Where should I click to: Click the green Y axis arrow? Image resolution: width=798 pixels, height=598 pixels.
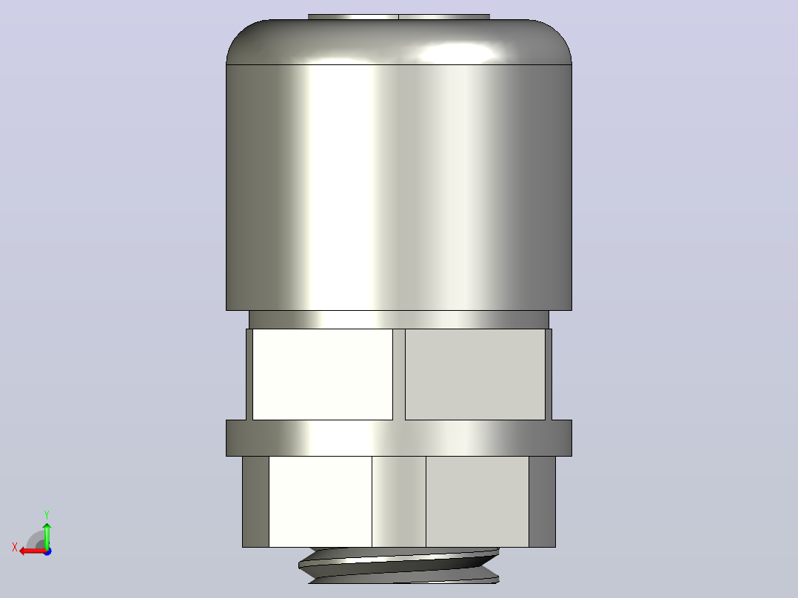click(47, 535)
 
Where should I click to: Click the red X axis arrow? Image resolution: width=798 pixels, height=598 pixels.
click(33, 551)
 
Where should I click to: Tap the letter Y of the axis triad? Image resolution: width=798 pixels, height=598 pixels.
click(47, 514)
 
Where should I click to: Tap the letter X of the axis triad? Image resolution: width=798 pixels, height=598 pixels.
click(15, 547)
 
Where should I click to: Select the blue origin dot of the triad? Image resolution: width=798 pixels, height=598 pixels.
click(47, 551)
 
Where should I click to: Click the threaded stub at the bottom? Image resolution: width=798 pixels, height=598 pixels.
click(398, 565)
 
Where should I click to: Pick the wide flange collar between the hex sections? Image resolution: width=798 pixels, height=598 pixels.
click(398, 437)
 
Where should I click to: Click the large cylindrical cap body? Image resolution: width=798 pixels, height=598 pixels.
click(398, 187)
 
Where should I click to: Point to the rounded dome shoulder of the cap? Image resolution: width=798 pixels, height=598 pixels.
click(398, 41)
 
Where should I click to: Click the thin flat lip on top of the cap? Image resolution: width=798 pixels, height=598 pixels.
click(398, 17)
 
